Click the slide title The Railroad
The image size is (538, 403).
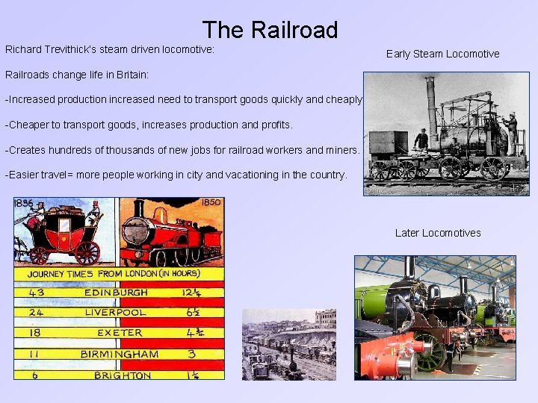click(269, 30)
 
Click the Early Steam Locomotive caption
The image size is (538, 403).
click(442, 54)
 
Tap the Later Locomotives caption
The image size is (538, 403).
click(438, 233)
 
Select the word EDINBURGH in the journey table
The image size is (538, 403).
click(116, 293)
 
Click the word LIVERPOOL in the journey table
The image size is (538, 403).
click(116, 312)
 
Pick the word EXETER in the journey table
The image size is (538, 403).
click(119, 332)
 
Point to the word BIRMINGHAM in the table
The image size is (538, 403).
click(119, 354)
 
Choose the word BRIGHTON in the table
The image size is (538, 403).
click(122, 375)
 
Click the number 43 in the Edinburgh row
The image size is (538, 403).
click(36, 293)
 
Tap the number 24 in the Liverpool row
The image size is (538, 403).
click(35, 312)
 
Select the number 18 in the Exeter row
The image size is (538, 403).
click(35, 332)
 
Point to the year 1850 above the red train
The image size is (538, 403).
click(210, 202)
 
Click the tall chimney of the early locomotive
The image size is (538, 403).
click(431, 101)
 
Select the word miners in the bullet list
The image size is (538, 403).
click(341, 150)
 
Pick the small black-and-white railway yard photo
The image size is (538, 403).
click(288, 344)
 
